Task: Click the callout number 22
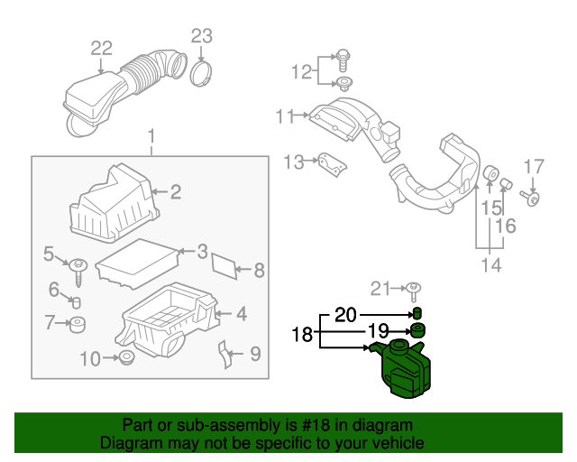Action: (x=101, y=47)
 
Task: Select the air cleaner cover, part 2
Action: (x=113, y=206)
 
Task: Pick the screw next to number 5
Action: (x=78, y=266)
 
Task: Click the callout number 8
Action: (x=259, y=269)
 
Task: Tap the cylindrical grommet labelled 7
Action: (x=78, y=323)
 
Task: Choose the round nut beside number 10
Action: (x=126, y=360)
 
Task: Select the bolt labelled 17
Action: (x=534, y=197)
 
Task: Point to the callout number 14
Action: (x=490, y=264)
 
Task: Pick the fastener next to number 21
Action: (x=414, y=290)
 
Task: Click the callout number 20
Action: (x=345, y=315)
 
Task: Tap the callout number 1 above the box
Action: (x=151, y=137)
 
